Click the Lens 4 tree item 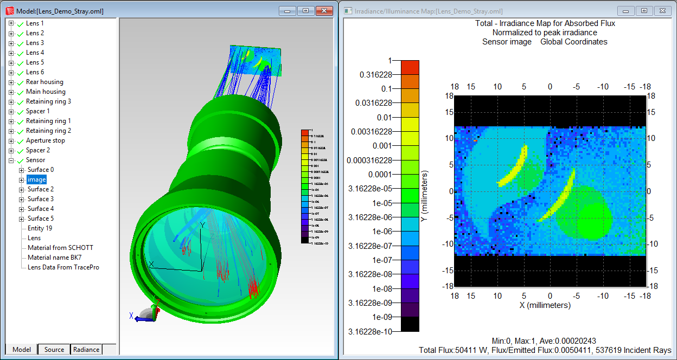click(35, 53)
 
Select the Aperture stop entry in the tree click(45, 140)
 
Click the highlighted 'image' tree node click(37, 179)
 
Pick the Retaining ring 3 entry click(48, 101)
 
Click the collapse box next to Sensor click(11, 160)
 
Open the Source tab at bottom click(54, 350)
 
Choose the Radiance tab click(86, 350)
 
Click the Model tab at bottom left click(22, 350)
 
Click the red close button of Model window click(324, 11)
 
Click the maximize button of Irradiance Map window click(644, 11)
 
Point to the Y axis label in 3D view click(202, 224)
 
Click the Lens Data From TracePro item click(63, 267)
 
